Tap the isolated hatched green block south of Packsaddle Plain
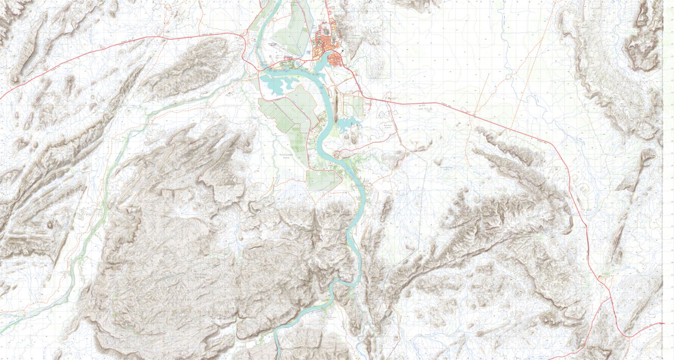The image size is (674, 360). tap(323, 180)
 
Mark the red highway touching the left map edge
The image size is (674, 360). tap(2, 98)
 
